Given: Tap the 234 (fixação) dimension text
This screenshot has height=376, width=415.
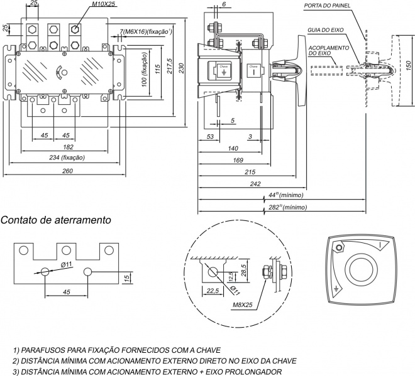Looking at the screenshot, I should click(67, 158).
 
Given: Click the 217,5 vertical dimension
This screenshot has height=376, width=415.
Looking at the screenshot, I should click(168, 68).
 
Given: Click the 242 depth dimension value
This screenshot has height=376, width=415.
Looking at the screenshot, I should click(255, 184).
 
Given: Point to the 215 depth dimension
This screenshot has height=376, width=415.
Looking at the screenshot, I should click(250, 171).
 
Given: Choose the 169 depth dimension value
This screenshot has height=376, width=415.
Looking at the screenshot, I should click(238, 160).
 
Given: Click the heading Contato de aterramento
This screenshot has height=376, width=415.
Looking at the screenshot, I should click(57, 220).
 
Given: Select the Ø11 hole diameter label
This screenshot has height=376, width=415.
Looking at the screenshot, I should click(67, 264).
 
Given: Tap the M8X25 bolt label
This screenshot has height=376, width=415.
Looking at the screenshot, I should click(243, 305).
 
